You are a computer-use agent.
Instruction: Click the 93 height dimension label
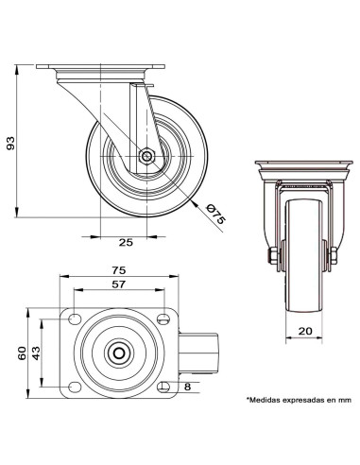10,143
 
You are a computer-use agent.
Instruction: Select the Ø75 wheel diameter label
214,215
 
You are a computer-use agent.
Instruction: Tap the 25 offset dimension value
126,243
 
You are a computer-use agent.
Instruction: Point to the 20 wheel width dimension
305,331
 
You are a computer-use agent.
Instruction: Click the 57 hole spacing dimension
119,284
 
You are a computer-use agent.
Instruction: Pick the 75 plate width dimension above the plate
119,270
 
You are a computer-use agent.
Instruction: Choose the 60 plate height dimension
22,353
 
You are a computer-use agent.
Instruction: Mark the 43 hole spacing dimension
36,353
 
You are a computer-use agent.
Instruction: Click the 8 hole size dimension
187,387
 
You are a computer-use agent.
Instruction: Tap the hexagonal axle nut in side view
146,156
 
